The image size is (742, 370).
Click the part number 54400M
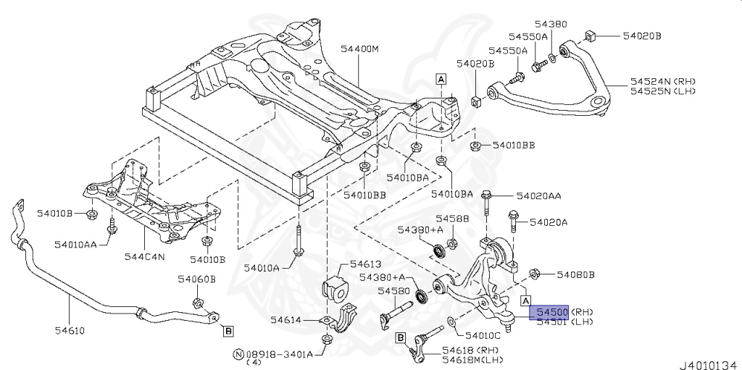pos(360,49)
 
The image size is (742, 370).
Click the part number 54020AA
pos(538,195)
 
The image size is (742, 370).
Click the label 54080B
pos(575,274)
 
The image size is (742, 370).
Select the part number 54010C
pos(482,335)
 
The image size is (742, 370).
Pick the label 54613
pos(365,264)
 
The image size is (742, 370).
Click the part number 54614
pos(286,319)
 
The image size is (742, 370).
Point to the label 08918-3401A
pos(279,354)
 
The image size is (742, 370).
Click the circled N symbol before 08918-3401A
pos(237,354)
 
